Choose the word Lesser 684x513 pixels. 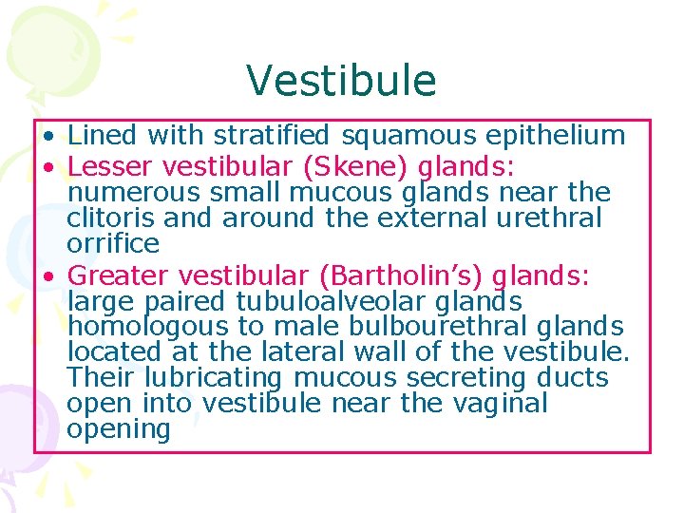pos(111,167)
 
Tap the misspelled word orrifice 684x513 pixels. pos(113,244)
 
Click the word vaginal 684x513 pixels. pos(500,404)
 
